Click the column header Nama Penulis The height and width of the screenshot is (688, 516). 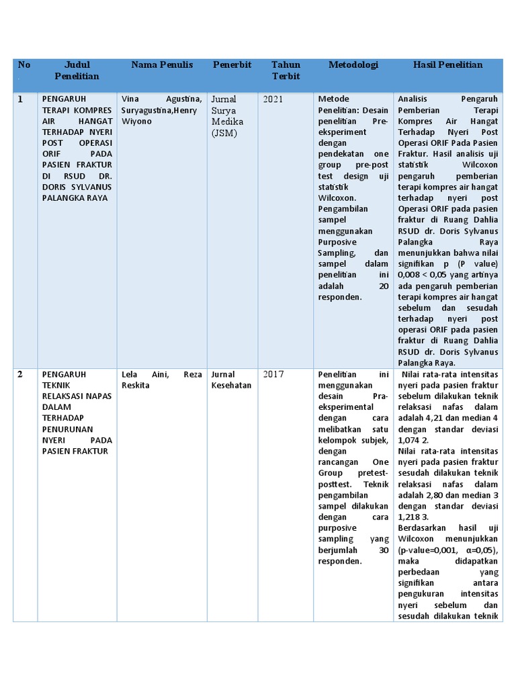tap(162, 65)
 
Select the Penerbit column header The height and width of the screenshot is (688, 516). tap(232, 65)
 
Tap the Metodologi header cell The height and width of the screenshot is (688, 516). tap(353, 65)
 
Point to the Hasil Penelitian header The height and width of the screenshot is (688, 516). tap(448, 65)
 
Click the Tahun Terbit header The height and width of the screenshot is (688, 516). tap(286, 71)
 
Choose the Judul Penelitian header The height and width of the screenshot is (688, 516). tap(77, 71)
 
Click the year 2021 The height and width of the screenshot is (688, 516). tap(273, 99)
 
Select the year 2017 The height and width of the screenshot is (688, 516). tap(273, 374)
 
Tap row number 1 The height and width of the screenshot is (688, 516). tap(20, 99)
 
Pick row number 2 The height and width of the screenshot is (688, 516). tap(20, 374)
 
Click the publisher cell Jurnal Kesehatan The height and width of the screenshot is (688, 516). tap(232, 380)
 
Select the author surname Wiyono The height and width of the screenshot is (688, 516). tap(137, 122)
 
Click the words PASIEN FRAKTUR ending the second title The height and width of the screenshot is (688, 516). tap(75, 451)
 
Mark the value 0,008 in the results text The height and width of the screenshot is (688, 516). tap(411, 275)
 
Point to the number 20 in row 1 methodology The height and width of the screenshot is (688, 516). tap(384, 286)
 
